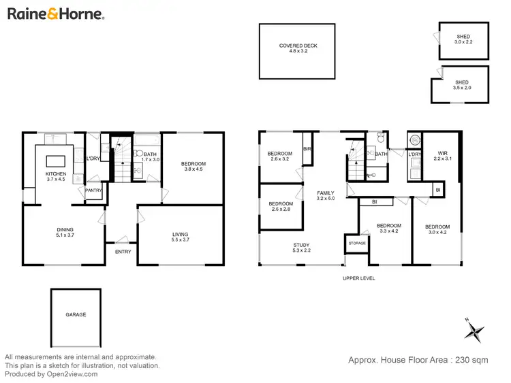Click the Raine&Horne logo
pyautogui.click(x=55, y=13)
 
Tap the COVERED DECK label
pyautogui.click(x=298, y=48)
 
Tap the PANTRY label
pyautogui.click(x=93, y=190)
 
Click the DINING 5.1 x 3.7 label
pyautogui.click(x=65, y=233)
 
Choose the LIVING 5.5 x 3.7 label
pyautogui.click(x=181, y=237)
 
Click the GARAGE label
pyautogui.click(x=76, y=314)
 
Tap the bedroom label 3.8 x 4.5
pyautogui.click(x=193, y=167)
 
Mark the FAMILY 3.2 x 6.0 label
pyautogui.click(x=326, y=197)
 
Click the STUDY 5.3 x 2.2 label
pyautogui.click(x=301, y=248)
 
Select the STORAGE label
pyautogui.click(x=357, y=244)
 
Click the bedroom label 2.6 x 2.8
pyautogui.click(x=280, y=207)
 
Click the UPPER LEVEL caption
pyautogui.click(x=358, y=278)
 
